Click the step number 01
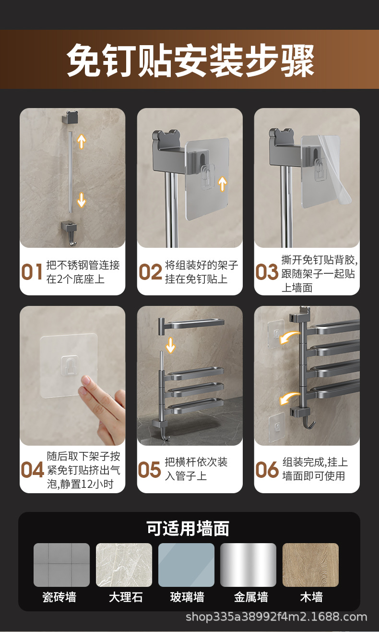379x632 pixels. (x=32, y=272)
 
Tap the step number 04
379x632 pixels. (x=32, y=470)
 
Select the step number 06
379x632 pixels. (x=267, y=470)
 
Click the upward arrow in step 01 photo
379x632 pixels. (x=82, y=141)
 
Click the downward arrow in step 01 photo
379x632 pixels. (x=82, y=199)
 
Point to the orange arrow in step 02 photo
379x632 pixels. (x=222, y=183)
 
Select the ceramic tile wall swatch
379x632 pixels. (x=61, y=565)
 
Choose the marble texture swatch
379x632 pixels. (x=124, y=565)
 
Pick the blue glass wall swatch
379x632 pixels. (x=186, y=565)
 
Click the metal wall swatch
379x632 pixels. (x=248, y=565)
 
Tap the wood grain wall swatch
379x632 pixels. (x=310, y=565)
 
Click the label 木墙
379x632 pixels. (x=311, y=597)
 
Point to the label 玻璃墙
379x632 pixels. (x=187, y=597)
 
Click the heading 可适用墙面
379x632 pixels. (x=188, y=528)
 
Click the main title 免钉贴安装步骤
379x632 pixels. (x=190, y=61)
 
